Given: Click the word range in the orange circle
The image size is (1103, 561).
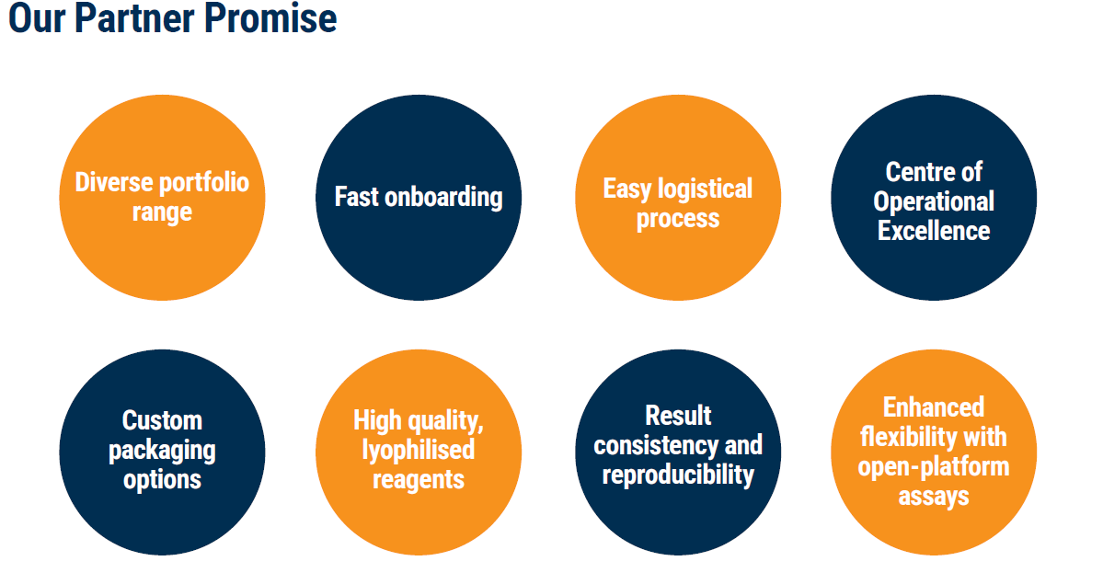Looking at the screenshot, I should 162,212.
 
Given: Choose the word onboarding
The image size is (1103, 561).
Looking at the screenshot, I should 444,197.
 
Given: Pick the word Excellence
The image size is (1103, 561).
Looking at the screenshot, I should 934,230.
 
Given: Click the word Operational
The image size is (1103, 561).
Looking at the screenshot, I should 934,201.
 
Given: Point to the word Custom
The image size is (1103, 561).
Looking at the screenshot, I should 162,421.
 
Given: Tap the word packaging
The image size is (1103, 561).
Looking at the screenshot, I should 162,451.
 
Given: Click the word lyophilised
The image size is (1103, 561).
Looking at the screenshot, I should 419,450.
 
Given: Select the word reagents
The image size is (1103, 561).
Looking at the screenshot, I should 419,479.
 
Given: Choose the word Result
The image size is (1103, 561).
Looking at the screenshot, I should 679,416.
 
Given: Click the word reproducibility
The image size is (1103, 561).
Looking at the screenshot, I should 679,475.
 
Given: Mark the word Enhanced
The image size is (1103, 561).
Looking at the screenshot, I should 934,407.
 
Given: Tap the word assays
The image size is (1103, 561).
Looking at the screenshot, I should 934,497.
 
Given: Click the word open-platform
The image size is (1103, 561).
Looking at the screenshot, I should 934,466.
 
